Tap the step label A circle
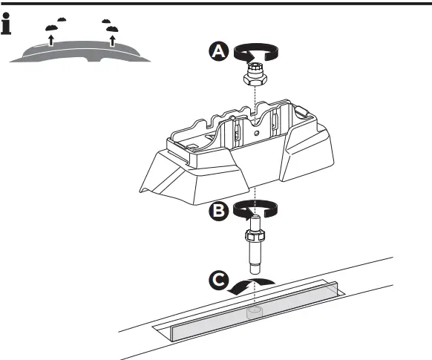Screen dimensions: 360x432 [217, 51]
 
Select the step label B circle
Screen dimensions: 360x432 [218, 211]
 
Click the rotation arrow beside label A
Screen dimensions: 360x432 [256, 52]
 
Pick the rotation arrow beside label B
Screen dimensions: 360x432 [255, 211]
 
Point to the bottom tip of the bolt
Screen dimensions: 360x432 [255, 268]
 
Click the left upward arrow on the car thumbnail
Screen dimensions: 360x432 [50, 40]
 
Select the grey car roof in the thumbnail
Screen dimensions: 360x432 [82, 52]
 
